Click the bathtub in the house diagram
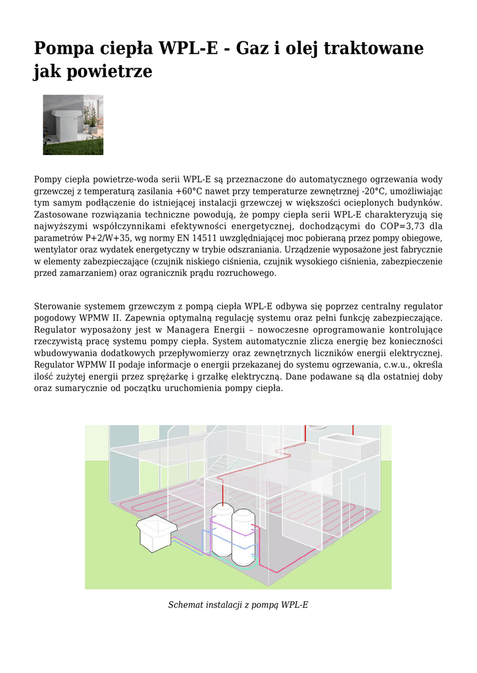pyautogui.click(x=348, y=444)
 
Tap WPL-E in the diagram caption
pyautogui.click(x=294, y=605)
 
